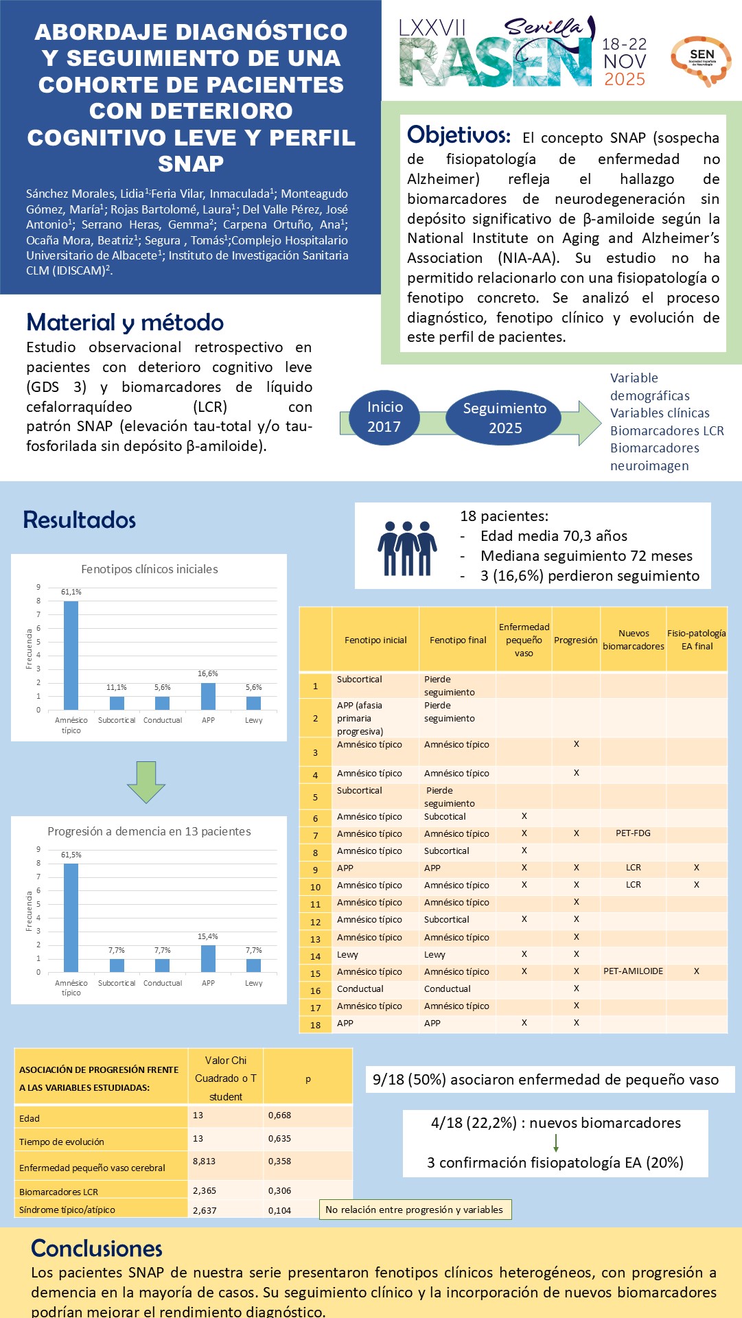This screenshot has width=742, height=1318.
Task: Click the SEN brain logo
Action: point(701,60)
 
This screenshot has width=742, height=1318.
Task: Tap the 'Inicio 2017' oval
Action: point(384,417)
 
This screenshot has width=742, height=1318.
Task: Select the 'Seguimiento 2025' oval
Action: point(505,417)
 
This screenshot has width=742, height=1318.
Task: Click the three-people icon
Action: point(407,548)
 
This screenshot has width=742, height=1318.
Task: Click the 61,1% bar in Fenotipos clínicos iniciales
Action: point(71,655)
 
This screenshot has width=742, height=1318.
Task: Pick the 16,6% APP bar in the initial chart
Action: point(208,696)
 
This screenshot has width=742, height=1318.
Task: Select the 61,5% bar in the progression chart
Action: point(71,917)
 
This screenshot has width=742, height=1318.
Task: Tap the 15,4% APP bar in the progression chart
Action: point(208,958)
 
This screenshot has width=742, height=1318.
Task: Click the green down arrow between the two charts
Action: point(146,782)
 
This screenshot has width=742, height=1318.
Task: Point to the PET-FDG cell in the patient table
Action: point(633,833)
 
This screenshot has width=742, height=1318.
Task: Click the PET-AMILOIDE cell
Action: point(633,971)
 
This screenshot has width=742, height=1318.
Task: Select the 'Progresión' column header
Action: point(576,640)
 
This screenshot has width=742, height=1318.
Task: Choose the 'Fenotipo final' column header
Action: point(458,640)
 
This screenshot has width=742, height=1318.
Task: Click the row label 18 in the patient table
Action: point(315,1025)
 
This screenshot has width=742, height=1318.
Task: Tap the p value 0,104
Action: point(279,1210)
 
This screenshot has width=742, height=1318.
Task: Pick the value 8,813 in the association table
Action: point(204,1161)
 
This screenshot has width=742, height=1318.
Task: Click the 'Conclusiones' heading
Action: point(97,1248)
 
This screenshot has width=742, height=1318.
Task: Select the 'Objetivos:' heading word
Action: point(459,135)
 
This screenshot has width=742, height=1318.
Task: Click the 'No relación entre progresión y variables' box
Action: point(414,1210)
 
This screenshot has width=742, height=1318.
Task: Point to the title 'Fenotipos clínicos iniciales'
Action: point(149,569)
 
